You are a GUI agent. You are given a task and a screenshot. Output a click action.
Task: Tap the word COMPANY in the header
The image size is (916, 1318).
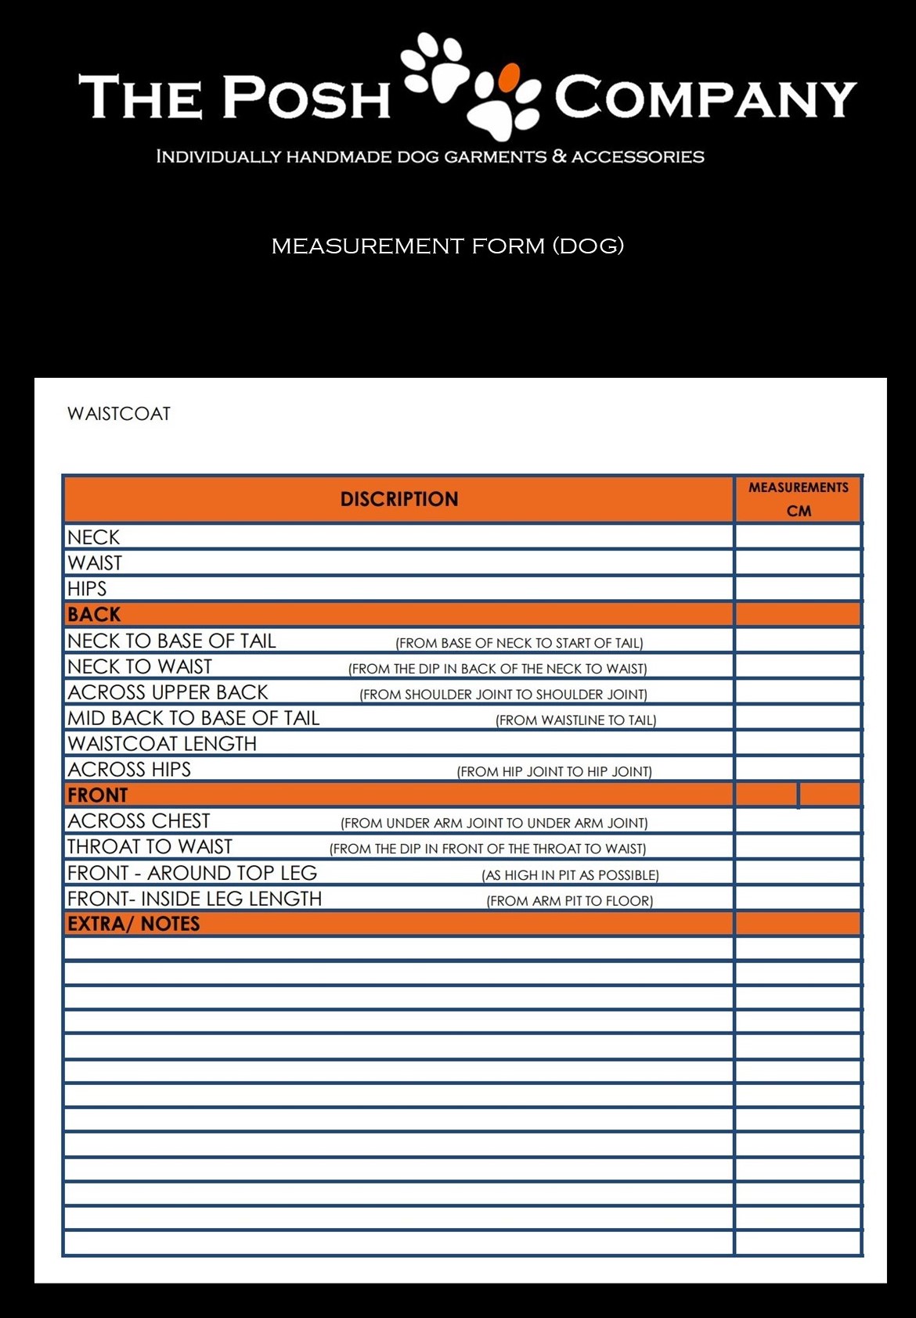[x=705, y=98]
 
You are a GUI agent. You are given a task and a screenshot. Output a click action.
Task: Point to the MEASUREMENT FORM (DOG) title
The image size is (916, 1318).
[x=447, y=246]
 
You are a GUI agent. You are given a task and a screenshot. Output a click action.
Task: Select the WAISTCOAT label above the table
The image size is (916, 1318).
[x=119, y=414]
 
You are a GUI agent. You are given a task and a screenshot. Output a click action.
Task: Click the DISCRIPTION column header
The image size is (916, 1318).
[x=398, y=499]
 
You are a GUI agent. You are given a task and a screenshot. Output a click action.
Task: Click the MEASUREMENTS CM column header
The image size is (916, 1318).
[x=798, y=499]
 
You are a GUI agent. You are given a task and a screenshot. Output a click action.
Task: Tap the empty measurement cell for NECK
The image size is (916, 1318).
[x=798, y=537]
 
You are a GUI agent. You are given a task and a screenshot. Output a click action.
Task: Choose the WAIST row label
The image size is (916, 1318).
[x=95, y=563]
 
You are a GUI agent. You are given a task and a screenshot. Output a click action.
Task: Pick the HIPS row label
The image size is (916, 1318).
[x=87, y=589]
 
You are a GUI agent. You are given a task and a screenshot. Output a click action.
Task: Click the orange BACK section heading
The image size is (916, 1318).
[x=94, y=615]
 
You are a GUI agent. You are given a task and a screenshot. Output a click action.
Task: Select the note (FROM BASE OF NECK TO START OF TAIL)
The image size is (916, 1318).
[x=519, y=643]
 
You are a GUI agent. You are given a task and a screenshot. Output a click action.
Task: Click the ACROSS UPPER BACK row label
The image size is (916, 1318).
[x=168, y=692]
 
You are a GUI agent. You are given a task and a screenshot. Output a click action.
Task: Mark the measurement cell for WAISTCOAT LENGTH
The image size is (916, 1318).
[x=798, y=743]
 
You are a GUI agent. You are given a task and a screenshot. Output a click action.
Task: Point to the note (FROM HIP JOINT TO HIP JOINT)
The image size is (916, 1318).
[x=554, y=771]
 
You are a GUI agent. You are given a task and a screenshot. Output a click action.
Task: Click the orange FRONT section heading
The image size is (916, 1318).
[x=97, y=795]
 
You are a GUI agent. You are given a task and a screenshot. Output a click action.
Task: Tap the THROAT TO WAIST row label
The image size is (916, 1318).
[x=150, y=847]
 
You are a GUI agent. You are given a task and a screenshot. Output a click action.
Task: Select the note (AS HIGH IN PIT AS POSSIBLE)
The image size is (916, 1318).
[x=570, y=875]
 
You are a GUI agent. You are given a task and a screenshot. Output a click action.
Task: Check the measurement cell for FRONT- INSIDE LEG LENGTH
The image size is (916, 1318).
[x=798, y=899]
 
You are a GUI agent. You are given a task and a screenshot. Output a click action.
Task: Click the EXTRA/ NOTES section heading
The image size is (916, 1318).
[x=133, y=924]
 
